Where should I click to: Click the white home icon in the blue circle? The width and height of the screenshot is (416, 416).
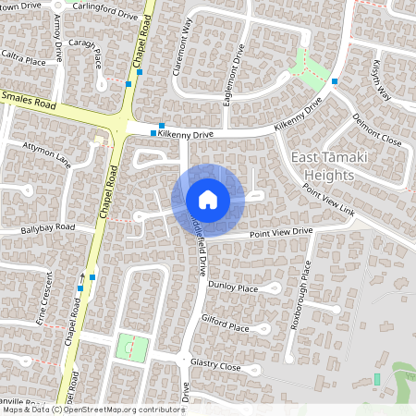click(x=208, y=200)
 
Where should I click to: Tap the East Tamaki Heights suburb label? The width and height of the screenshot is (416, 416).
click(x=329, y=166)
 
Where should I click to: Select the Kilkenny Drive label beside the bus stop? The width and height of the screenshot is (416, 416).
click(x=186, y=135)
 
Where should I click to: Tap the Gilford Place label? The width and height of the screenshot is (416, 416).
click(x=226, y=327)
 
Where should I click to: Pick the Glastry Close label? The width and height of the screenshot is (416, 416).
click(x=216, y=367)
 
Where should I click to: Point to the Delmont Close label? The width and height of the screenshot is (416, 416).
click(x=377, y=130)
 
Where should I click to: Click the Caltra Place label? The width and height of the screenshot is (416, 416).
click(x=23, y=60)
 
